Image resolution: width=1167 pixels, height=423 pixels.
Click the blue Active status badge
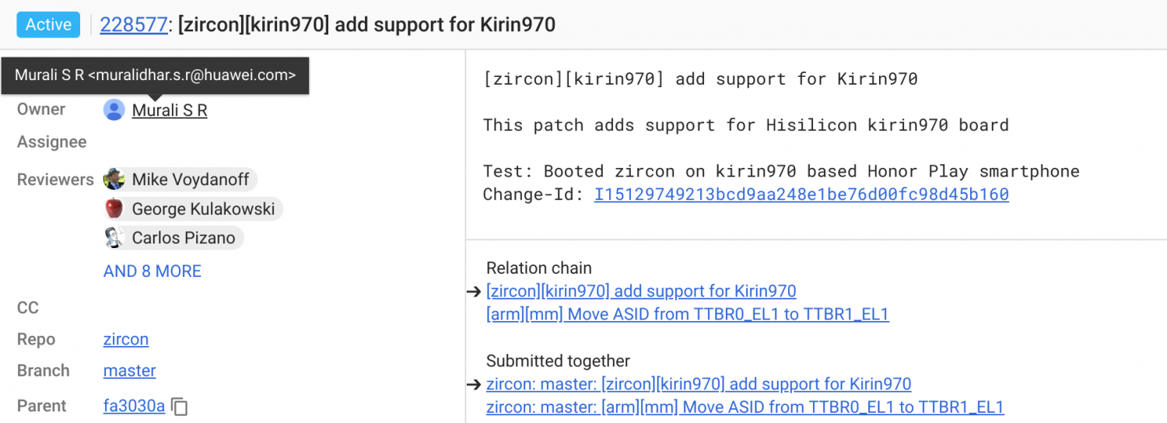coord(48,24)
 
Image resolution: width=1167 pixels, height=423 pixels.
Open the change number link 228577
coord(133,24)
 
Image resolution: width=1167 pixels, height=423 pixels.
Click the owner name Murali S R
coord(170,110)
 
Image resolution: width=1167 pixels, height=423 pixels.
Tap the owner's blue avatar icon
coord(114,110)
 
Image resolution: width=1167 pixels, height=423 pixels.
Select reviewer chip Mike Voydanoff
coord(180,179)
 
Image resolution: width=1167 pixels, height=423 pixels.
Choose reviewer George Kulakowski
coord(193,209)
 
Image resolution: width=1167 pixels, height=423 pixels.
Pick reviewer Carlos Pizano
coord(173,238)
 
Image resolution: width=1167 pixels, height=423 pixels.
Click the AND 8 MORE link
coord(152,271)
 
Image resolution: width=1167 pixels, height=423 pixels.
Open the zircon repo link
coord(126,339)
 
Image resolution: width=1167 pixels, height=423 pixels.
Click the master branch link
coord(130,370)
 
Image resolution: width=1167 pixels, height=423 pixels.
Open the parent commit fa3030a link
coord(134,406)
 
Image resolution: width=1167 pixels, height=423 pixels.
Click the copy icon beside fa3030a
coord(179,407)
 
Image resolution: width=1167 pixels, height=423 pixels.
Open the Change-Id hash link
coord(801,194)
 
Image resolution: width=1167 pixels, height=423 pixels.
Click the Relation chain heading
coord(538,267)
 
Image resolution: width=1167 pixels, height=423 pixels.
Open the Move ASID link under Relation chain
coord(688,314)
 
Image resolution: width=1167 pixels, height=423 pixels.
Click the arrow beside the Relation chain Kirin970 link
coord(474,292)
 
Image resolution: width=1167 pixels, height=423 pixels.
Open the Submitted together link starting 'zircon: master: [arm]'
coord(745,407)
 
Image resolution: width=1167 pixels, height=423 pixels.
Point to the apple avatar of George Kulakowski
coord(114,208)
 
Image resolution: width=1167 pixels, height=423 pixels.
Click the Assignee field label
coord(51,142)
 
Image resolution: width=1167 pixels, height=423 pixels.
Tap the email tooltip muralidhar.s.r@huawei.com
coord(156,75)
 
